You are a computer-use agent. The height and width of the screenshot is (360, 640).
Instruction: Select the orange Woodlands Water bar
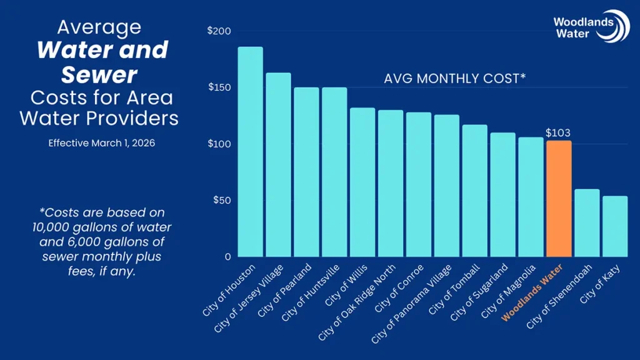(558, 199)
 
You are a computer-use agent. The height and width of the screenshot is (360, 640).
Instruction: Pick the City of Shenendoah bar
(586, 223)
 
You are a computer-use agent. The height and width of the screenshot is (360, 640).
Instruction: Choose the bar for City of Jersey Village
(278, 165)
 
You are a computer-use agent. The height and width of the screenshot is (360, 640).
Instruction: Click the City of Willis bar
(362, 182)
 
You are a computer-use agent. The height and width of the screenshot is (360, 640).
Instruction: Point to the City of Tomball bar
(474, 191)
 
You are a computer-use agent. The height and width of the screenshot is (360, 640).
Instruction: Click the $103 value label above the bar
(558, 133)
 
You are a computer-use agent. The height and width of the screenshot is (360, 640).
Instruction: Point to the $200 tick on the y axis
(219, 31)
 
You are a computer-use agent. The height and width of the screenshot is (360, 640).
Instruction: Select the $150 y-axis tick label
(219, 87)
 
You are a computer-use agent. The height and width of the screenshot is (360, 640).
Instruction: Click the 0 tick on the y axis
(227, 257)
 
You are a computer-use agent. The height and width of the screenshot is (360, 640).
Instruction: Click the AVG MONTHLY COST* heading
(454, 79)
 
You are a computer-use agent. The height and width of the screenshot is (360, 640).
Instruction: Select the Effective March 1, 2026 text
(102, 143)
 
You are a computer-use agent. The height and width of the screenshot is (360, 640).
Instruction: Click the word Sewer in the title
(99, 75)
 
